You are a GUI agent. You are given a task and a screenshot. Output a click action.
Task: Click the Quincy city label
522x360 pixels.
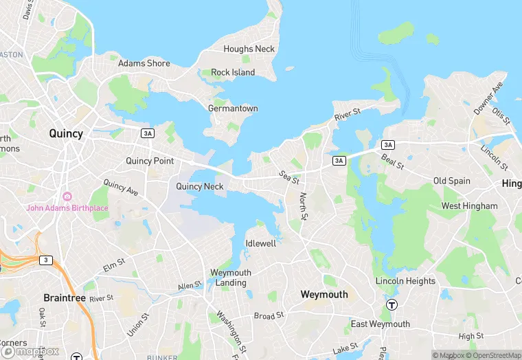(x=66, y=133)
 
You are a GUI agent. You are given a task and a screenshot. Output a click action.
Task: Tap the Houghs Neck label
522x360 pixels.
(x=249, y=49)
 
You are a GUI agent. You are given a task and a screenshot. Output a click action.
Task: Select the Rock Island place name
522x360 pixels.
(x=233, y=72)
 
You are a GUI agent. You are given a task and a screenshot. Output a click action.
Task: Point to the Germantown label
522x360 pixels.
(x=233, y=109)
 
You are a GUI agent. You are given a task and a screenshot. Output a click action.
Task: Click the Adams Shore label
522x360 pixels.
(x=144, y=63)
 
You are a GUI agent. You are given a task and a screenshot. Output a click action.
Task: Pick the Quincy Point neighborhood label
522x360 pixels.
(x=150, y=161)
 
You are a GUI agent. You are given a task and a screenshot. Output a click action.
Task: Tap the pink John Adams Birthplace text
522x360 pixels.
(x=67, y=207)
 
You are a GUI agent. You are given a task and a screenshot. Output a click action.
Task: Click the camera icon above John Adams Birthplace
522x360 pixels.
(x=67, y=196)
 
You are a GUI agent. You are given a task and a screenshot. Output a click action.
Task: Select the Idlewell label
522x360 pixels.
(x=261, y=244)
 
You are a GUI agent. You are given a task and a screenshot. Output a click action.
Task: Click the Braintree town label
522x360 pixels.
(x=65, y=298)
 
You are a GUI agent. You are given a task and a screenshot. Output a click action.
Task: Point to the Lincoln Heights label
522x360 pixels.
(x=405, y=281)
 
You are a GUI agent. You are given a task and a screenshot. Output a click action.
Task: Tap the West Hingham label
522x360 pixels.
(x=470, y=206)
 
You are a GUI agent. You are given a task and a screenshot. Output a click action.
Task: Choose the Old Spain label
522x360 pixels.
(x=452, y=181)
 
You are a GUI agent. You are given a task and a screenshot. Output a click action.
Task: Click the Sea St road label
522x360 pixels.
(x=289, y=178)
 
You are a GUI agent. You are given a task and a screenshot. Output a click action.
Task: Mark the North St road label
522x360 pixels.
(x=304, y=206)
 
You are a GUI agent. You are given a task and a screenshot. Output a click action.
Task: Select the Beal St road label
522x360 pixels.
(x=392, y=162)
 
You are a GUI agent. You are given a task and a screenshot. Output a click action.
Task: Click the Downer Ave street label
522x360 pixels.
(x=488, y=99)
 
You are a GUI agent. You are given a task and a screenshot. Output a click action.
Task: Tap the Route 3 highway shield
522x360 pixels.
(x=45, y=260)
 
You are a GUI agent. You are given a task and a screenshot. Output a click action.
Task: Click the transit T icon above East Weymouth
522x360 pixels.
(x=391, y=305)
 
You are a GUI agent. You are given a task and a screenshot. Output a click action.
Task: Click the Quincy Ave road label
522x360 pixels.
(x=121, y=188)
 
